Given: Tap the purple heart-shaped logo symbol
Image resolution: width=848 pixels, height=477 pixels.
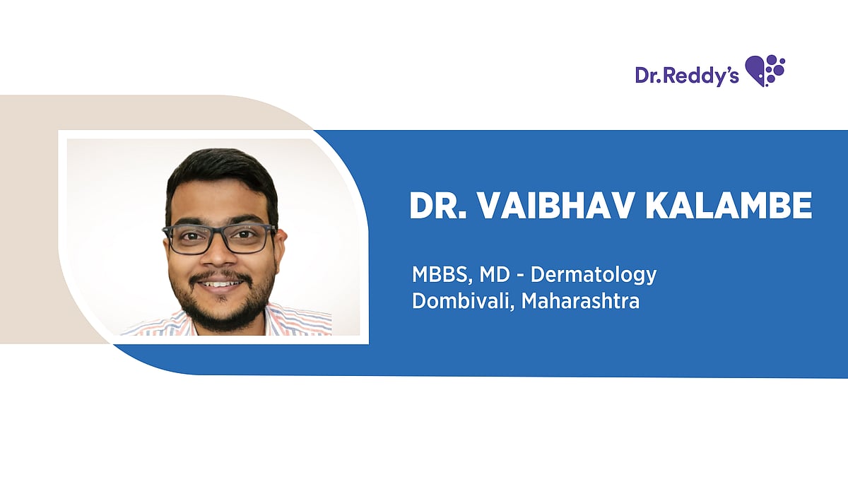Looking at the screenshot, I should pos(765,70).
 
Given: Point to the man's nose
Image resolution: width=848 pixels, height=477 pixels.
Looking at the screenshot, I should pos(220,258).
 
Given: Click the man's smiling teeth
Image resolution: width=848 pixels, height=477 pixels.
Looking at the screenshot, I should pos(221,283).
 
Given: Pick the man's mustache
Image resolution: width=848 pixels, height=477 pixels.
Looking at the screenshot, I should pos(220,274).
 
